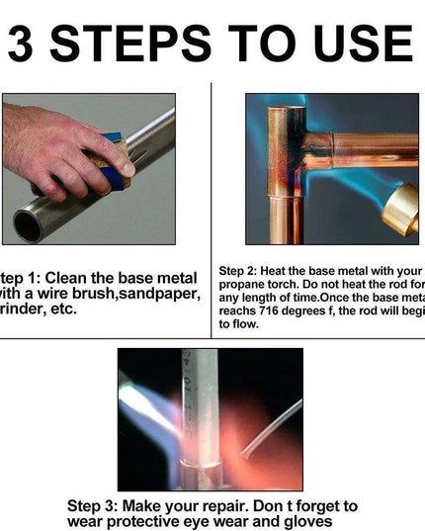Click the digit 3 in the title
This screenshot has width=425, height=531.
pyautogui.click(x=29, y=44)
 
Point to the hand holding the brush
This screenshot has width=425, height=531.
pyautogui.click(x=49, y=148)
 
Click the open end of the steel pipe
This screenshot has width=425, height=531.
pyautogui.click(x=27, y=225)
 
